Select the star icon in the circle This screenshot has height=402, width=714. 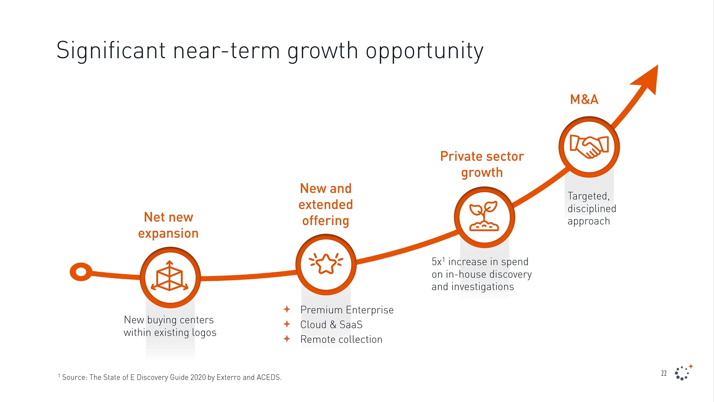[326, 264]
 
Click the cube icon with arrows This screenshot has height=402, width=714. [170, 277]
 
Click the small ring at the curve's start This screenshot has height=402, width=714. [81, 272]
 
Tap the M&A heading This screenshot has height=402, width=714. [584, 99]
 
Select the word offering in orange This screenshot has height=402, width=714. [326, 221]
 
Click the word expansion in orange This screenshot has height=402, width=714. [168, 233]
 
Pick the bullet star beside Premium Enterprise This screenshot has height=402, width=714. [287, 309]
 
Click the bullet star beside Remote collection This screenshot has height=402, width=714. [287, 339]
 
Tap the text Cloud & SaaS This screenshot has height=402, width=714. [331, 325]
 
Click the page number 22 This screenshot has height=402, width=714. [664, 373]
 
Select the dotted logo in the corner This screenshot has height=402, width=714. [683, 372]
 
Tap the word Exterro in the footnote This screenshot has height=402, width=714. [228, 377]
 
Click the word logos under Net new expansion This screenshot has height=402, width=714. [204, 333]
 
